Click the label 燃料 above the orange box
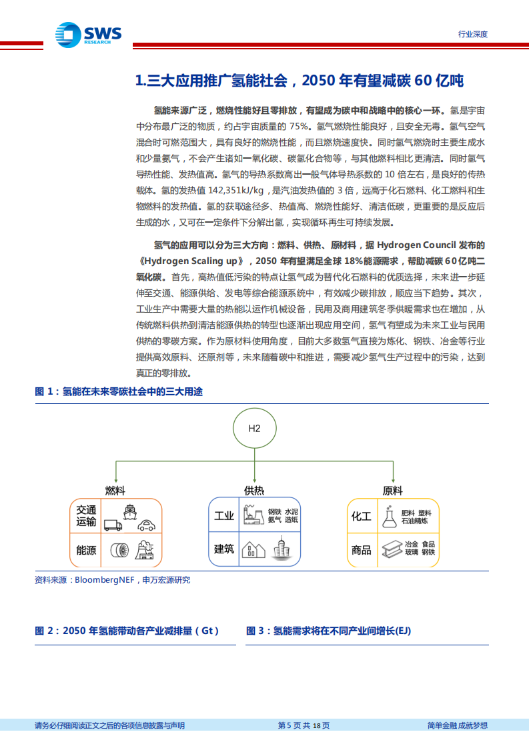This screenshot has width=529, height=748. (x=115, y=491)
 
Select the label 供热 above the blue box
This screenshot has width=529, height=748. (x=254, y=491)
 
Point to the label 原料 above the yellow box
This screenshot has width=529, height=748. (x=392, y=491)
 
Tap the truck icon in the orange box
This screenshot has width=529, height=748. (x=113, y=525)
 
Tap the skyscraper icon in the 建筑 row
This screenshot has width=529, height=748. (x=280, y=548)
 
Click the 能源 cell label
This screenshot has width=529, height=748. (x=86, y=550)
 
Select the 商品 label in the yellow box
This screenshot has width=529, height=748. (x=362, y=550)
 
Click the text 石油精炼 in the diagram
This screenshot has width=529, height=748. (x=416, y=521)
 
